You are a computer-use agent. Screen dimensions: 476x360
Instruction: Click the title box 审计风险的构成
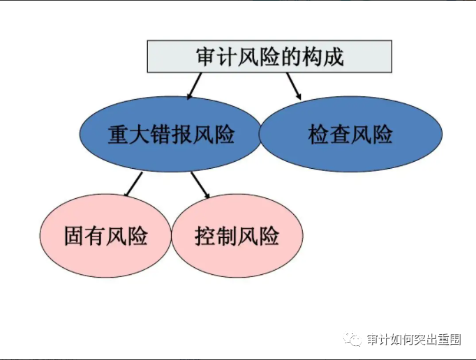269,57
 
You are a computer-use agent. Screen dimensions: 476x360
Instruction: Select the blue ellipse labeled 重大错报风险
170,134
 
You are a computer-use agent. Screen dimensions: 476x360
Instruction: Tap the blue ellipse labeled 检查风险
350,134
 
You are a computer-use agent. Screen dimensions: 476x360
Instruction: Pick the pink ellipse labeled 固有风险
105,236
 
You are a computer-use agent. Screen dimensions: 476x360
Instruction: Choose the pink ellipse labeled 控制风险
237,236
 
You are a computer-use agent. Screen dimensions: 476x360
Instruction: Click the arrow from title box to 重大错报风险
194,86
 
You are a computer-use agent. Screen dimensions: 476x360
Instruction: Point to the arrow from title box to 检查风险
294,86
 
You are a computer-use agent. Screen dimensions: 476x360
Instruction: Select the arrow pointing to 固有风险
133,184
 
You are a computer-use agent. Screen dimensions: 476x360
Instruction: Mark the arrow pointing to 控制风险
200,185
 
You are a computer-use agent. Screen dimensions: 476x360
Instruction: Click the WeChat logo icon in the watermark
352,339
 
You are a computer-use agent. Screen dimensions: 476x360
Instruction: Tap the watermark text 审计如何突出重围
414,339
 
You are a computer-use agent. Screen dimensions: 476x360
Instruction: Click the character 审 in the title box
206,57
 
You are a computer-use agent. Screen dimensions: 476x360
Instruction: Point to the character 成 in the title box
334,57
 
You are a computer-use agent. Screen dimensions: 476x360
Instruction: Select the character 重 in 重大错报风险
118,134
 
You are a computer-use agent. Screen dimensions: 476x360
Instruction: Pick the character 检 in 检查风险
318,134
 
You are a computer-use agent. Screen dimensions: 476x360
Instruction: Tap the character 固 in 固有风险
74,236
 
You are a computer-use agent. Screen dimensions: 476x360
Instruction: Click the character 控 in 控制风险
205,236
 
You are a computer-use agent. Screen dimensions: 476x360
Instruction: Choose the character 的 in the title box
291,57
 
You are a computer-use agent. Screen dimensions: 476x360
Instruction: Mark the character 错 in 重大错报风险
161,134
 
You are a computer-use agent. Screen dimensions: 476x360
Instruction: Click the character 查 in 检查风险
340,134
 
